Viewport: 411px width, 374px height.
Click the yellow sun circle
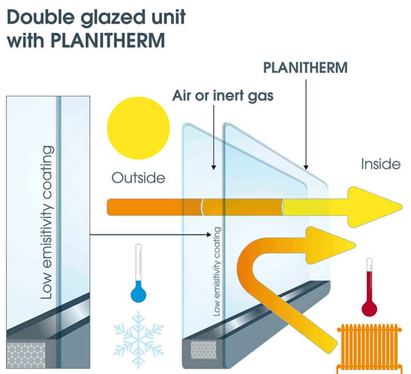(x=139, y=128)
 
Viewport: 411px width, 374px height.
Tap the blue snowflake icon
(x=138, y=333)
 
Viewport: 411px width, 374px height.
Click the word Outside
(x=138, y=177)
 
